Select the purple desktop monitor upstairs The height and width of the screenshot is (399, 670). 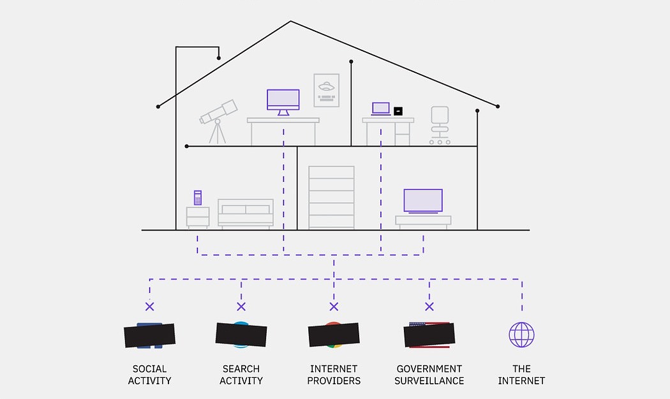283,100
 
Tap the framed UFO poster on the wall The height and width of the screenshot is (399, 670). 326,90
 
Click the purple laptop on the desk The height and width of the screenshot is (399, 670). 381,109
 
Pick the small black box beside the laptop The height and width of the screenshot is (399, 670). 398,111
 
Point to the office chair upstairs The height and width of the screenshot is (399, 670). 440,124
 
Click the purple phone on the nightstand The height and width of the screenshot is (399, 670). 198,198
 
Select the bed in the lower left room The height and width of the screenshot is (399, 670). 246,213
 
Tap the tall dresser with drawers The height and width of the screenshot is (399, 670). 331,197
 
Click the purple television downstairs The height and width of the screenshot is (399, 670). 423,200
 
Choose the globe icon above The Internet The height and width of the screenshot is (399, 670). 521,335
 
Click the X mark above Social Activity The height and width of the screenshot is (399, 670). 149,306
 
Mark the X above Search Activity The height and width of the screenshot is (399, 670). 241,306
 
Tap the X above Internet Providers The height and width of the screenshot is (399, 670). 333,306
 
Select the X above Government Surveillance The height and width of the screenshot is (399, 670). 429,306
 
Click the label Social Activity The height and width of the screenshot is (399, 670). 149,375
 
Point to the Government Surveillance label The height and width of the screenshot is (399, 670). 429,375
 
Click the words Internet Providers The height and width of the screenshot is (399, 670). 334,375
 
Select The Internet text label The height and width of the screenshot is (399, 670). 521,375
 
